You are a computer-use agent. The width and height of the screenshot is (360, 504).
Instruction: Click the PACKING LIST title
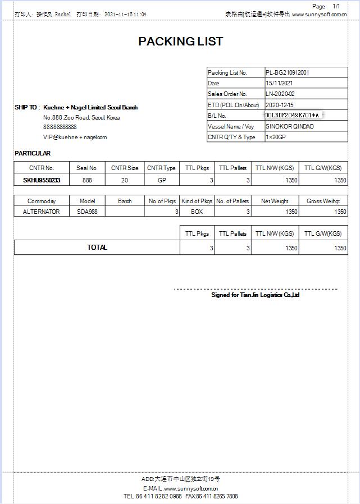180,42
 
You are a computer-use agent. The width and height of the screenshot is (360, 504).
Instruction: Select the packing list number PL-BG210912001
287,72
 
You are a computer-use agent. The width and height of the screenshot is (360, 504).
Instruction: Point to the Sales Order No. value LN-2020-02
280,94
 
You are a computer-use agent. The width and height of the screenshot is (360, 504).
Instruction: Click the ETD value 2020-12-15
279,105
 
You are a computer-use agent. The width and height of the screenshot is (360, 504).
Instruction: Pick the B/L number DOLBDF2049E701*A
292,115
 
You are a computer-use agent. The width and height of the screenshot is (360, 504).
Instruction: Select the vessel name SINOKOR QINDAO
289,126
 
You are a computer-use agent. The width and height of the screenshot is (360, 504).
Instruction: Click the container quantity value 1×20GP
276,137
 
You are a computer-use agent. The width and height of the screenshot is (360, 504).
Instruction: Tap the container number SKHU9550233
42,180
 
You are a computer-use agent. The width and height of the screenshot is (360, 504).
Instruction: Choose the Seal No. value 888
87,180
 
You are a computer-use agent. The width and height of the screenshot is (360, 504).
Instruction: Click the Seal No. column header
87,168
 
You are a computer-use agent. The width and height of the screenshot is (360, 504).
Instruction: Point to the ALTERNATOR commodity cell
42,212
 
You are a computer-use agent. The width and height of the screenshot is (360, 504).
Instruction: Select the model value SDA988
87,212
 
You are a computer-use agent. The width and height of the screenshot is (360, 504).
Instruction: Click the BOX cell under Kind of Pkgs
197,212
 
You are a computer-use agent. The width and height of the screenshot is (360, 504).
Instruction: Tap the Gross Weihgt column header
323,201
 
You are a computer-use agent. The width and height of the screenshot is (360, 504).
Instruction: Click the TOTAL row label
97,248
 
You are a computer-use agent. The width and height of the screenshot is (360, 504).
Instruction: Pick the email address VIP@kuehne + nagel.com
75,137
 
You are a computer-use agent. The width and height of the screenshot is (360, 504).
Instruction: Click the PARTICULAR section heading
33,153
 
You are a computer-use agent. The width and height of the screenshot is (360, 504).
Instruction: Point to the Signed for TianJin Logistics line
256,295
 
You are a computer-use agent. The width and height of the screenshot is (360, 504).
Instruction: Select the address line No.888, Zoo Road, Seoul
81,118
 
